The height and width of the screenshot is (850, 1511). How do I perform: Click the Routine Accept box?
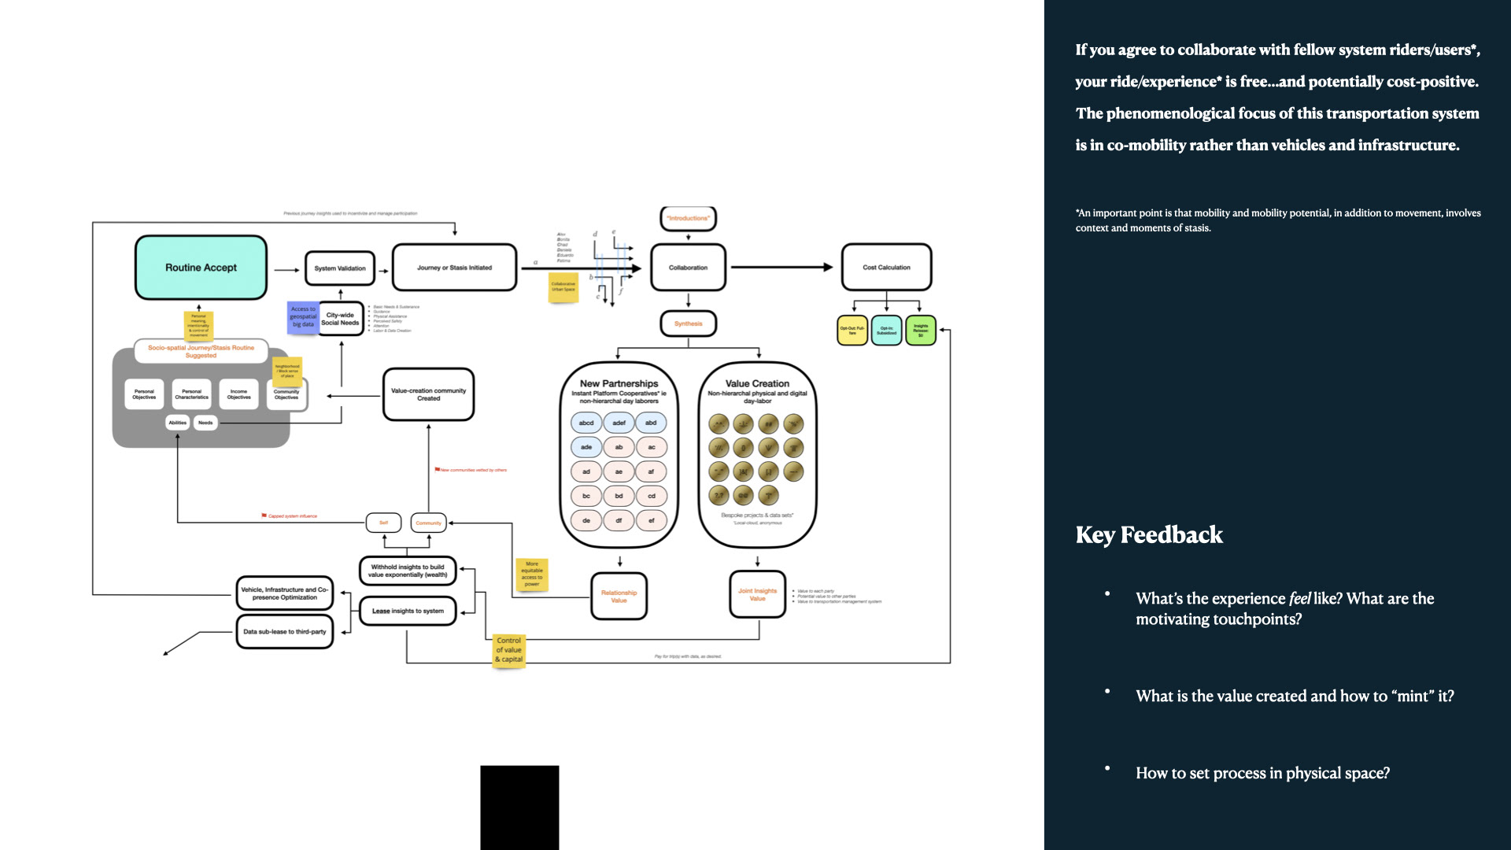pyautogui.click(x=201, y=268)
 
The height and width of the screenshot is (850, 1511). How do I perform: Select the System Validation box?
pyautogui.click(x=340, y=268)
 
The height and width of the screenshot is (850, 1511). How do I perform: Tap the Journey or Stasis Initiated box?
pyautogui.click(x=454, y=268)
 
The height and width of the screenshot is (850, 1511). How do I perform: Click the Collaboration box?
pyautogui.click(x=688, y=268)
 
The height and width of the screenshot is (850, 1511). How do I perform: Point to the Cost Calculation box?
pyautogui.click(x=886, y=268)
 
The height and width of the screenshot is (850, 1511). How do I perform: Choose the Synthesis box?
pyautogui.click(x=688, y=323)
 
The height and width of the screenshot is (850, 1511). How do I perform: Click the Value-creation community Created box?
pyautogui.click(x=428, y=394)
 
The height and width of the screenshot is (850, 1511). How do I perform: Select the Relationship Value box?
pyautogui.click(x=619, y=597)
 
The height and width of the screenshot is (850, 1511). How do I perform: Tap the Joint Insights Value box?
pyautogui.click(x=757, y=594)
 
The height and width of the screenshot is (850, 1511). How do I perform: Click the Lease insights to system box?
pyautogui.click(x=408, y=611)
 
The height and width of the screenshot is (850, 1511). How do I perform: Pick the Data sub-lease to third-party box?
pyautogui.click(x=284, y=631)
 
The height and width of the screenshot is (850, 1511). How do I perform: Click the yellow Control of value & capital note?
pyautogui.click(x=509, y=650)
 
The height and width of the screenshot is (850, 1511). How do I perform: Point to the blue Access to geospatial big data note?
pyautogui.click(x=303, y=316)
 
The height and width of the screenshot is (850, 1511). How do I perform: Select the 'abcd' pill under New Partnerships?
pyautogui.click(x=586, y=423)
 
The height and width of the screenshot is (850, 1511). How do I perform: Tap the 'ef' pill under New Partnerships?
pyautogui.click(x=652, y=520)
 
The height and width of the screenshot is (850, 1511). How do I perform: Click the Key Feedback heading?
pyautogui.click(x=1149, y=535)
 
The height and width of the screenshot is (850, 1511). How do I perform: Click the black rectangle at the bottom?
pyautogui.click(x=519, y=807)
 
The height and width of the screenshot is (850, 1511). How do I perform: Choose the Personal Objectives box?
pyautogui.click(x=144, y=394)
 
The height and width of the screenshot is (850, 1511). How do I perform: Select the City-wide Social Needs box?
pyautogui.click(x=340, y=319)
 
